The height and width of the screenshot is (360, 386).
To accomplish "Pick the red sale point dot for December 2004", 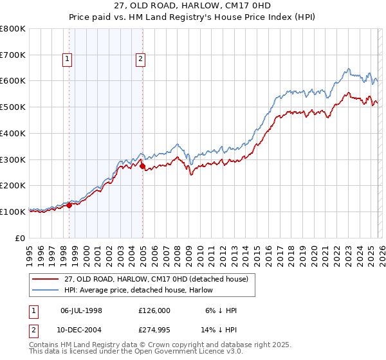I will (142, 166).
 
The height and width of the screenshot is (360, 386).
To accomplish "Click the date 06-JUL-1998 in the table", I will (81, 310).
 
